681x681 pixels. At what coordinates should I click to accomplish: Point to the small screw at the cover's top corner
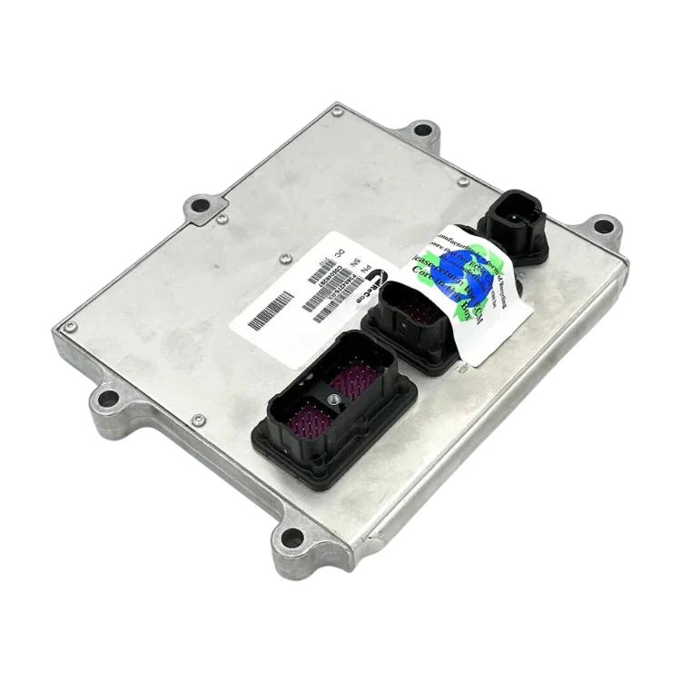(337, 113)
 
